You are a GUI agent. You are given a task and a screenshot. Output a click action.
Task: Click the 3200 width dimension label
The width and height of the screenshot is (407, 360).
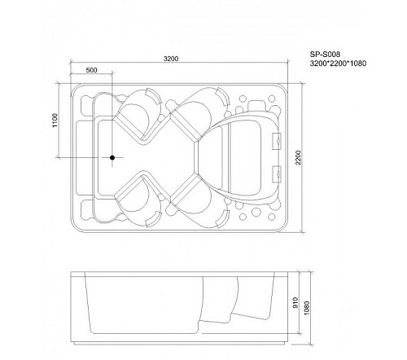click(171, 59)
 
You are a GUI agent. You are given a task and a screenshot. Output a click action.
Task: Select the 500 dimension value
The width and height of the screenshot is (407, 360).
click(91, 70)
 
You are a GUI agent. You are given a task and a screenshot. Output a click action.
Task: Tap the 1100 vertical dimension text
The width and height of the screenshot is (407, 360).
click(55, 121)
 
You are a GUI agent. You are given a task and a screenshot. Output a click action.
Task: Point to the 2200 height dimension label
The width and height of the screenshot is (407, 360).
click(299, 157)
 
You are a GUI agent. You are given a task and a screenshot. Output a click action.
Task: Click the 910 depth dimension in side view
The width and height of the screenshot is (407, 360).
click(295, 302)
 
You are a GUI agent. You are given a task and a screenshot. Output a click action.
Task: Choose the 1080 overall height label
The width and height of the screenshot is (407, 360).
click(307, 308)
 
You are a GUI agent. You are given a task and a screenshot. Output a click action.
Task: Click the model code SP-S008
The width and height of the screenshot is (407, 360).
click(325, 55)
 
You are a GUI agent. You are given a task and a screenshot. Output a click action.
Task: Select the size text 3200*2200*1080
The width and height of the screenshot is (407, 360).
click(338, 64)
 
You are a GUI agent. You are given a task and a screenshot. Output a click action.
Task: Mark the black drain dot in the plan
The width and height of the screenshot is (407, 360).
click(112, 157)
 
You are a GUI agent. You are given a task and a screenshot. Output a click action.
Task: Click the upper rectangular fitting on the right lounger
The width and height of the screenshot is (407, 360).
click(277, 141)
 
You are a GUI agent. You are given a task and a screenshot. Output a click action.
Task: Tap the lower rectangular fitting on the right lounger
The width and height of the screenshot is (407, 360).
click(277, 173)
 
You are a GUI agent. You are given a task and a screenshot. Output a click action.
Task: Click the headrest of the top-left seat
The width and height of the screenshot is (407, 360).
click(154, 95)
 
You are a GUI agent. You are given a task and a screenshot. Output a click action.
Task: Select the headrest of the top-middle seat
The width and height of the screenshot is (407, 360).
click(223, 96)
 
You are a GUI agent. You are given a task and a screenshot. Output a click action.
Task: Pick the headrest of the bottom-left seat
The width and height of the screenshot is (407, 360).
click(154, 219)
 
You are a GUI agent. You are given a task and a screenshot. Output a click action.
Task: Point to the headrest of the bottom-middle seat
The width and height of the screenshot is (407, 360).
click(223, 219)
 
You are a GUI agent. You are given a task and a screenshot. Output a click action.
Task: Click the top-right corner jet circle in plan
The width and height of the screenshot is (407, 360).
click(271, 99)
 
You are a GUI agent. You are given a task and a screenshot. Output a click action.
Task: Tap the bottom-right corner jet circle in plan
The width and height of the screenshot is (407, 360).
click(271, 217)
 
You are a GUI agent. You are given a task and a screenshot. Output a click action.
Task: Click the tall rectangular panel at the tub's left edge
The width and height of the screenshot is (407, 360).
click(84, 157)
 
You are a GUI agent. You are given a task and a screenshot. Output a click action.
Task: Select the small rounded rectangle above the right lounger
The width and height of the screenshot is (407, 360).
click(256, 105)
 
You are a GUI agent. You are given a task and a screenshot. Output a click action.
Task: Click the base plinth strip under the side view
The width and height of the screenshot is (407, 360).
click(179, 344)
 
